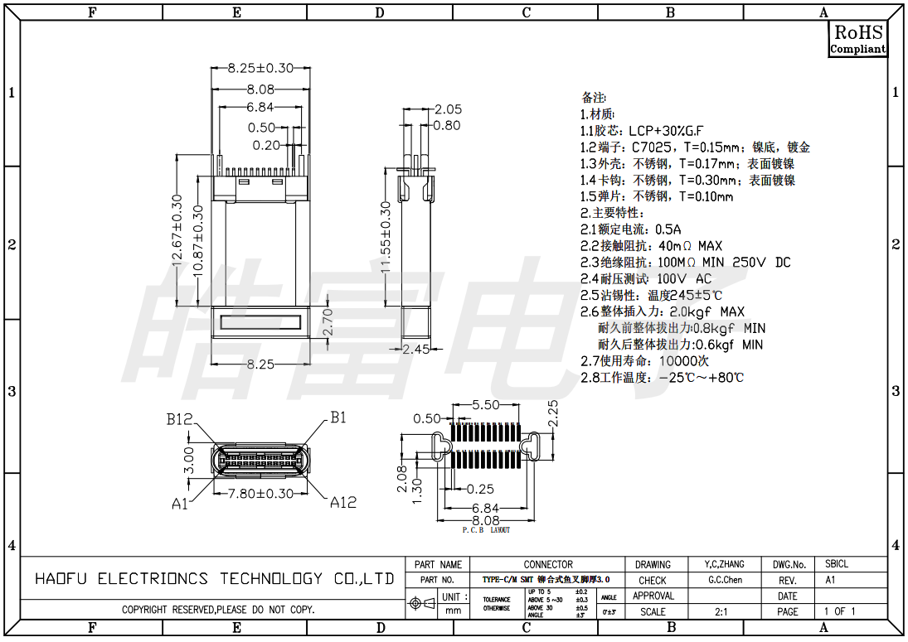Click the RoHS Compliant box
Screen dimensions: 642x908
(857, 39)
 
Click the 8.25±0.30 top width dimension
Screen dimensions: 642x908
(260, 68)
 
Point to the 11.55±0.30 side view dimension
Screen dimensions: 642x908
(386, 237)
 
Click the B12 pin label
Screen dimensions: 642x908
(179, 420)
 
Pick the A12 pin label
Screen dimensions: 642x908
(343, 502)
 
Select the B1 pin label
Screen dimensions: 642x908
(337, 418)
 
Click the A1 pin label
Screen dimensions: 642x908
(180, 503)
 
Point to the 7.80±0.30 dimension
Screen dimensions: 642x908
(261, 494)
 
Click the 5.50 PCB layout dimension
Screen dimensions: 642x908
(485, 405)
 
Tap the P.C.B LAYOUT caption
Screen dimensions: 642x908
(486, 530)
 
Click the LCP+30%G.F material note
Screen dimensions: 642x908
(642, 131)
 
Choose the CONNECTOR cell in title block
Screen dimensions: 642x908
(548, 564)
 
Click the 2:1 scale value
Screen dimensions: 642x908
(721, 611)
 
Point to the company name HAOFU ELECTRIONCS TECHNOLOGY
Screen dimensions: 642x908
(214, 579)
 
